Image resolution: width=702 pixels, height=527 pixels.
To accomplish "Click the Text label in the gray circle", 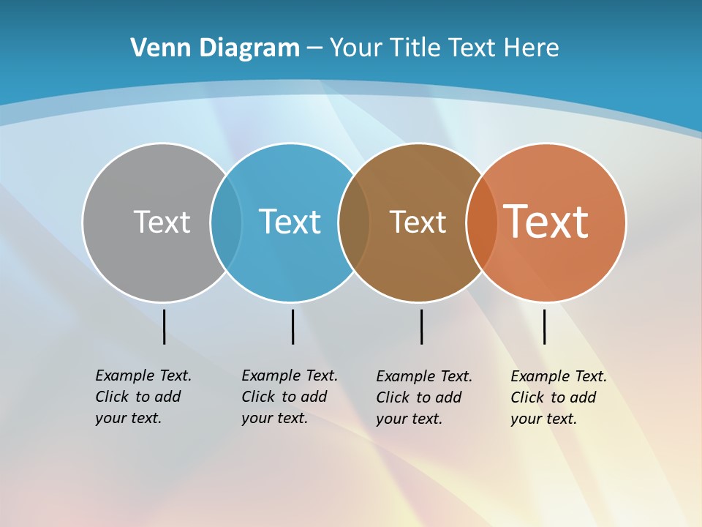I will [x=162, y=222].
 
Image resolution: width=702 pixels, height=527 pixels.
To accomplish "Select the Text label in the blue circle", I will [x=290, y=222].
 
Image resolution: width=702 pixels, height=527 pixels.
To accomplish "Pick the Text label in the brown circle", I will [x=418, y=222].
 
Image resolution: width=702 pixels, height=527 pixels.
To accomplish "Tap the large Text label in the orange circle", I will [x=546, y=222].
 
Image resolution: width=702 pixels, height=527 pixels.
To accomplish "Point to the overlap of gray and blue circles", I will [x=226, y=222].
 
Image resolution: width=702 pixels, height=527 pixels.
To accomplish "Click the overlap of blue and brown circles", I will [x=354, y=222].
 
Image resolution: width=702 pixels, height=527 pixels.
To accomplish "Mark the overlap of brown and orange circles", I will [x=481, y=222].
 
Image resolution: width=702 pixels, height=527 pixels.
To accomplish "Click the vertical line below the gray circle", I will [x=164, y=326].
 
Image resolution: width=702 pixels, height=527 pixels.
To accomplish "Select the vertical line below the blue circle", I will [x=292, y=326].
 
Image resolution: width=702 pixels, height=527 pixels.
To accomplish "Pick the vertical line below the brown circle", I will [x=421, y=326].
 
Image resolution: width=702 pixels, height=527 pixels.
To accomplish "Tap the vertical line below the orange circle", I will [x=544, y=326].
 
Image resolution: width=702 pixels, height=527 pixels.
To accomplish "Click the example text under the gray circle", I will [x=143, y=397].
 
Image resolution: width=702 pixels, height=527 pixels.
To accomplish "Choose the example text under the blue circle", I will [x=289, y=397].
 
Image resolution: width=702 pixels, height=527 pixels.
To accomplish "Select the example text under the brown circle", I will [x=423, y=397].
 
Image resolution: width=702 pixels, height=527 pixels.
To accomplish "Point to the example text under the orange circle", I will [x=558, y=397].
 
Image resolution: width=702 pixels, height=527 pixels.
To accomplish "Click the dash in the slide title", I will [x=314, y=48].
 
